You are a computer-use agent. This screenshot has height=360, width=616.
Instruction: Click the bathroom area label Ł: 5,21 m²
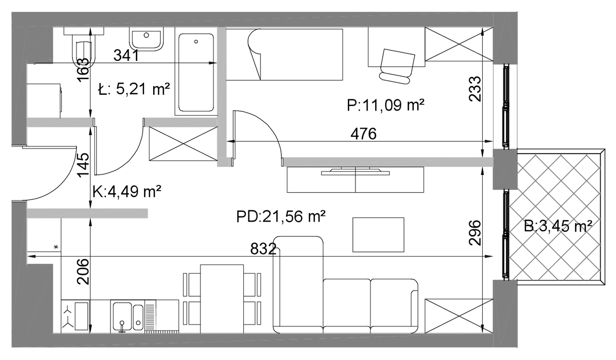pyautogui.click(x=134, y=89)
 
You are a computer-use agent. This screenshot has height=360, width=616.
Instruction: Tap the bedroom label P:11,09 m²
pyautogui.click(x=385, y=105)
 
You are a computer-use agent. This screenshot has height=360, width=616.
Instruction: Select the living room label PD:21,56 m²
pyautogui.click(x=281, y=217)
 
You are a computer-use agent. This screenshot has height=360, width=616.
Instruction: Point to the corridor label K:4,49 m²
pyautogui.click(x=127, y=192)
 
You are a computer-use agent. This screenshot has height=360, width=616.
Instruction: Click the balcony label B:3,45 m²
pyautogui.click(x=558, y=227)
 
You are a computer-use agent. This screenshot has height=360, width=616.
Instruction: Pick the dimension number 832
pyautogui.click(x=263, y=249)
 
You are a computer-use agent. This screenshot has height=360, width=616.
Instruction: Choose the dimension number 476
pyautogui.click(x=364, y=134)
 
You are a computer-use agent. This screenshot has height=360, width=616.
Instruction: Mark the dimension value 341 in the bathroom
pyautogui.click(x=126, y=55)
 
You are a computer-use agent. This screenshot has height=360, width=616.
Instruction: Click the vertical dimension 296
pyautogui.click(x=475, y=233)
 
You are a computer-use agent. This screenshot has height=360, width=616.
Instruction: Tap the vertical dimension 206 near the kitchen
pyautogui.click(x=83, y=272)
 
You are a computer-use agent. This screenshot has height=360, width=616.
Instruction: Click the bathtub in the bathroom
pyautogui.click(x=196, y=73)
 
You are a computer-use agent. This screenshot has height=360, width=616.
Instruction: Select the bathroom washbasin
pyautogui.click(x=147, y=39)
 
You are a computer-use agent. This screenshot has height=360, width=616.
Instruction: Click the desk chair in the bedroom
pyautogui.click(x=396, y=66)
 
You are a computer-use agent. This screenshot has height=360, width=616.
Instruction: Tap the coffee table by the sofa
pyautogui.click(x=378, y=235)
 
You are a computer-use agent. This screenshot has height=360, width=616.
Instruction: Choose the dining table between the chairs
pyautogui.click(x=222, y=299)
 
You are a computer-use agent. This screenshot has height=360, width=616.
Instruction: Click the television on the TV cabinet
pyautogui.click(x=355, y=171)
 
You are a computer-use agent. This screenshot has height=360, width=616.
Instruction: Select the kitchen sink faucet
pyautogui.click(x=122, y=326)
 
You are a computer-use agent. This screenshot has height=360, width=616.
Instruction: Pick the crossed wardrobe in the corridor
pyautogui.click(x=183, y=143)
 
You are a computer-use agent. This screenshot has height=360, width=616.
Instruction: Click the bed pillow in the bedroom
pyautogui.click(x=255, y=54)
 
